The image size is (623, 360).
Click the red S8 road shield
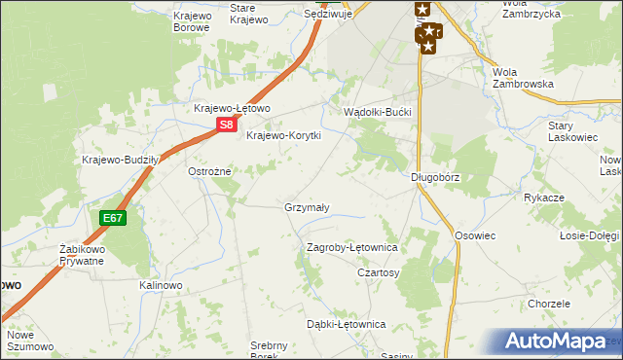click(x=226, y=125)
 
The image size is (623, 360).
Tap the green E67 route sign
click(x=112, y=218)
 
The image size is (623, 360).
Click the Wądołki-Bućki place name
click(x=379, y=113)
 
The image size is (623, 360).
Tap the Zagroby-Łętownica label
click(x=352, y=248)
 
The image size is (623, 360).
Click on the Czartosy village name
click(x=379, y=273)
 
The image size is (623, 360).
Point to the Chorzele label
click(x=549, y=304)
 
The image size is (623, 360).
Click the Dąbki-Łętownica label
click(x=347, y=324)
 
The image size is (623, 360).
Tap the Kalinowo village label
click(x=162, y=285)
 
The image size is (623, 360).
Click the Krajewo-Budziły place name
click(x=121, y=160)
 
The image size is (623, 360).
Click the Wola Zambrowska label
click(x=524, y=78)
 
